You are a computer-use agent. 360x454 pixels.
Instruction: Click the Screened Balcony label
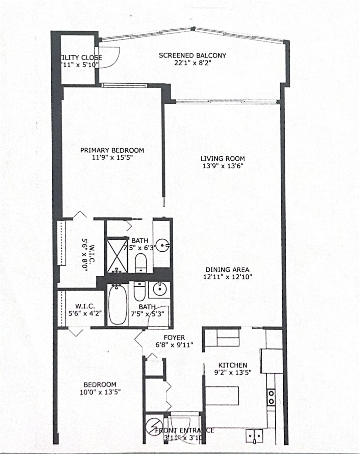(192, 55)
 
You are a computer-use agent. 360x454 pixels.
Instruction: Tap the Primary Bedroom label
(112, 150)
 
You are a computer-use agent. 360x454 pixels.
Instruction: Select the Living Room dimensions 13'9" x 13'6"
(223, 166)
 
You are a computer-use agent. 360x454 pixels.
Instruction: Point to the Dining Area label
(227, 270)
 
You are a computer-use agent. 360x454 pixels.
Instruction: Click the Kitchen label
(233, 365)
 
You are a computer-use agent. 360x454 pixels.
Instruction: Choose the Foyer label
(174, 337)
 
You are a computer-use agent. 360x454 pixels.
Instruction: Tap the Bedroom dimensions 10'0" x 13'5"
(100, 392)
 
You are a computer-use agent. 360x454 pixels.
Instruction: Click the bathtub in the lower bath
(118, 305)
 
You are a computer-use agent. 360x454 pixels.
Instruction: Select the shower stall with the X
(117, 255)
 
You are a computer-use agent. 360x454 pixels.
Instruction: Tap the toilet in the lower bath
(139, 291)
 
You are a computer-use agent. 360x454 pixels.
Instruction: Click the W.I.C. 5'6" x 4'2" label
(85, 310)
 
